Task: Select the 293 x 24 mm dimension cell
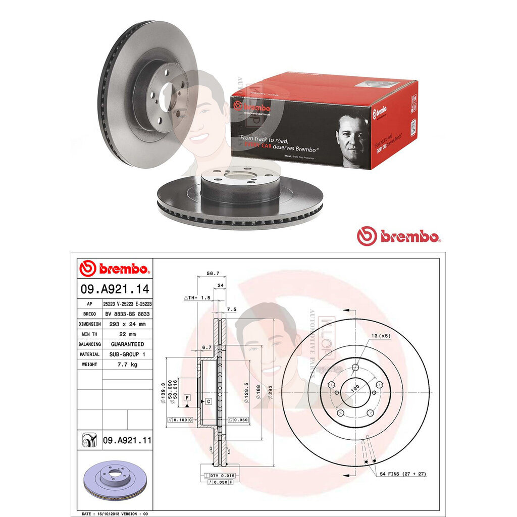[127, 324]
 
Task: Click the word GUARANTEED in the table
[127, 344]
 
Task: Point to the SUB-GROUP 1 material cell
[127, 354]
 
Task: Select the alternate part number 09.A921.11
[127, 440]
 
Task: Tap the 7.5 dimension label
[232, 309]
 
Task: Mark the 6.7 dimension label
[206, 347]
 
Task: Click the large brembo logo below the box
[399, 236]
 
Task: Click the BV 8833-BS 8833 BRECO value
[127, 314]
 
